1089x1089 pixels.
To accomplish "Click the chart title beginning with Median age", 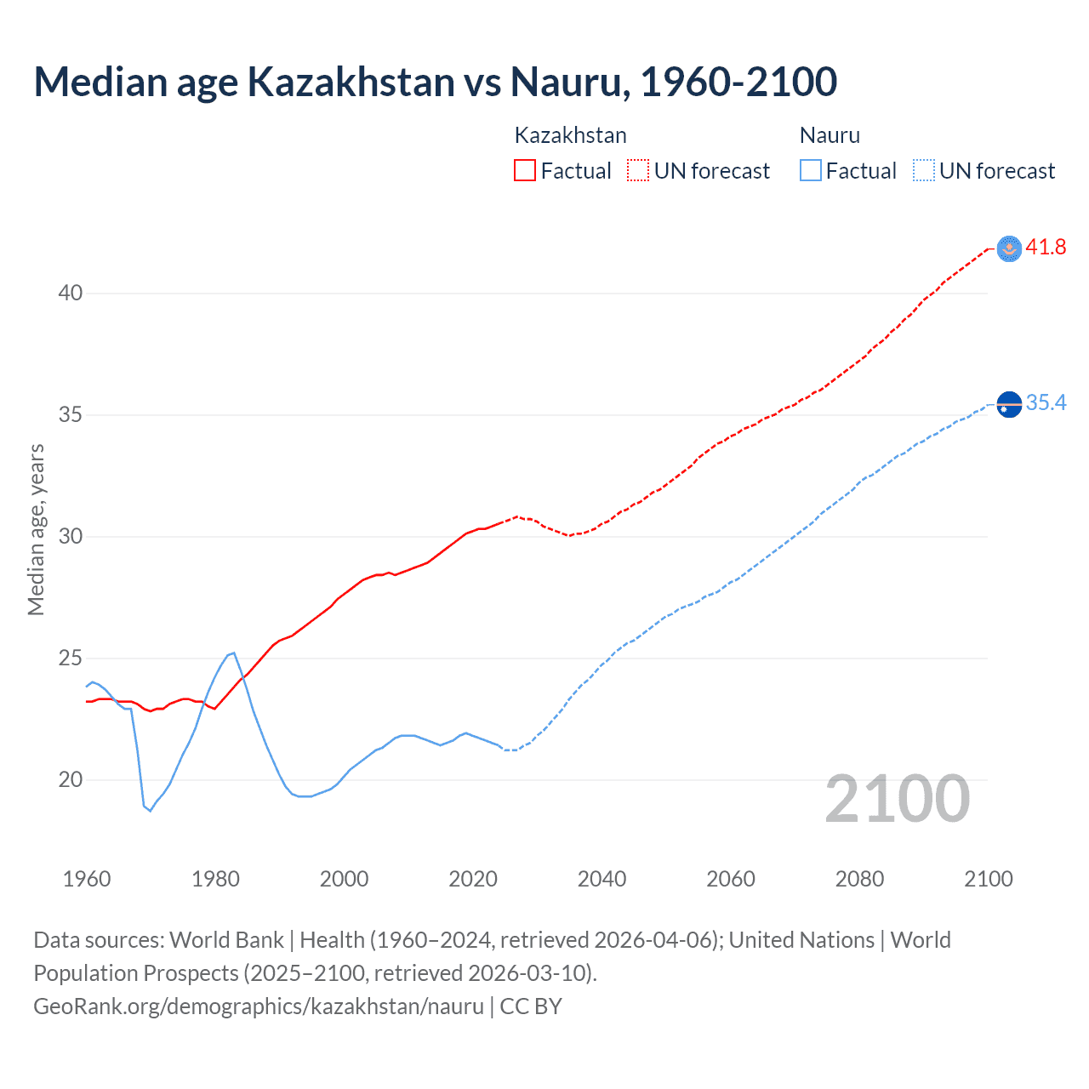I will [435, 82].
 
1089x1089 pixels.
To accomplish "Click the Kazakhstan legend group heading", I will [570, 135].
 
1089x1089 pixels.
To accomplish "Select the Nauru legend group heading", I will [830, 135].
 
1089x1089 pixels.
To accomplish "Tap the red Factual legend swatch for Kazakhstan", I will [525, 171].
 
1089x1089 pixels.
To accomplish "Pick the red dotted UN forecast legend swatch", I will [638, 171].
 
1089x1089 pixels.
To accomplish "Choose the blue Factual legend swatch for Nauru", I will [811, 171].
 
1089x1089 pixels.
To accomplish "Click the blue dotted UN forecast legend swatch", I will [923, 171].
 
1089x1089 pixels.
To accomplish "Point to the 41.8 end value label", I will [1046, 248].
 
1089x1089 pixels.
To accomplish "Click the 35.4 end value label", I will [1046, 403].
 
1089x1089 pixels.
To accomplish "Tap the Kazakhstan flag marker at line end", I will [1009, 248].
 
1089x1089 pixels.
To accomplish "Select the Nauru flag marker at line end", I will [1009, 405].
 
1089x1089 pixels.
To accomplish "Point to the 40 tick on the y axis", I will [71, 294].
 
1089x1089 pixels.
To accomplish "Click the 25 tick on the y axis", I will [71, 659].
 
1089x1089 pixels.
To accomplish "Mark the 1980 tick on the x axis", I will [215, 879].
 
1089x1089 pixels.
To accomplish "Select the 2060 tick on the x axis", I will [731, 879].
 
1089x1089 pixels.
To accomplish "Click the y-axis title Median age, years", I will [36, 529].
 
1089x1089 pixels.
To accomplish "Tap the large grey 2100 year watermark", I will [897, 799].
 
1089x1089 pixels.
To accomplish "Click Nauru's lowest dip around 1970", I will [150, 811].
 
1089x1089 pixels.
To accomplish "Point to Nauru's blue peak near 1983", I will [233, 653].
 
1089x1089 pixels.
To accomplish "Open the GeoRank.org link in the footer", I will [258, 1006].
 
